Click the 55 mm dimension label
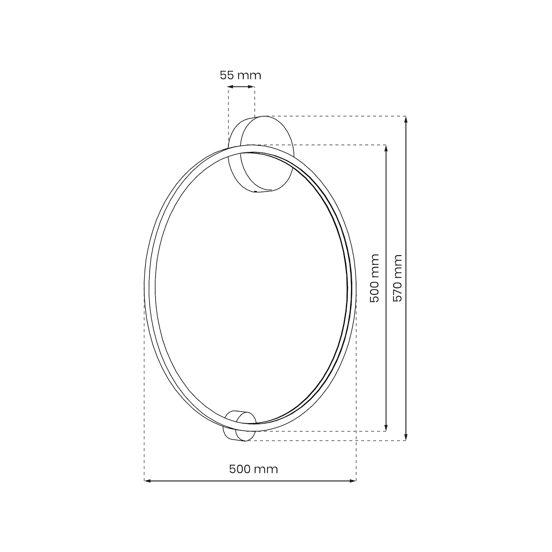tap(240, 76)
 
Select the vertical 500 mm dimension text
tap(375, 278)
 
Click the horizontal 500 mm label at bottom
tap(254, 469)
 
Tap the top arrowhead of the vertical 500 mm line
tap(386, 148)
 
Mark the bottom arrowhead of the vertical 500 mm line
tap(386, 428)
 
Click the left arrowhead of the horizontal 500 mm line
tap(148, 480)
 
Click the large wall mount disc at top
tap(267, 153)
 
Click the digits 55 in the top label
tap(227, 76)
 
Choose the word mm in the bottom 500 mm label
tap(268, 469)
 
